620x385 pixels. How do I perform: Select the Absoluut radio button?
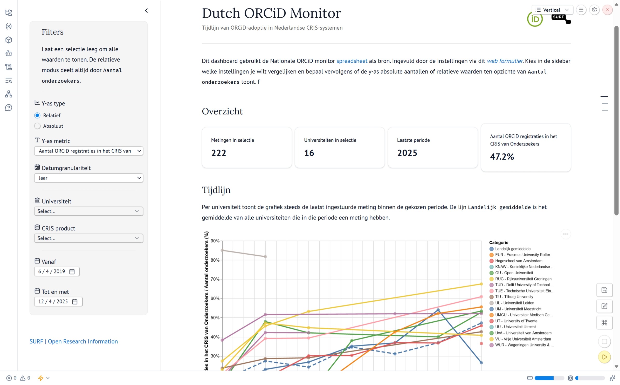[x=37, y=126]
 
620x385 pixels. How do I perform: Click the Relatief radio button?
[x=37, y=115]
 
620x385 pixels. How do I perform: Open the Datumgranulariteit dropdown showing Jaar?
[x=88, y=178]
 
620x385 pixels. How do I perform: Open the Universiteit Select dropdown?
[x=88, y=211]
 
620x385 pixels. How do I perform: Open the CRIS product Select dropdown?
[x=88, y=238]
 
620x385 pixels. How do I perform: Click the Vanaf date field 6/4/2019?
[x=52, y=271]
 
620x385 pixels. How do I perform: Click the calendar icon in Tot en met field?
[x=75, y=302]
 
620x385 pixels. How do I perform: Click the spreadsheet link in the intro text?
[x=352, y=61]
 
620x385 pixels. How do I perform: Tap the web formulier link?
[x=505, y=61]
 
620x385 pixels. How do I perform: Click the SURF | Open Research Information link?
[x=74, y=342]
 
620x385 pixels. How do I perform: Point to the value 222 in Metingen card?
[x=218, y=153]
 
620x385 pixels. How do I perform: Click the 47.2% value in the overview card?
[x=502, y=157]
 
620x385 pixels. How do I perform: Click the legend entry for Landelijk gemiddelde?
[x=512, y=249]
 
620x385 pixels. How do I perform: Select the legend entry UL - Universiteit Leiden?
[x=514, y=303]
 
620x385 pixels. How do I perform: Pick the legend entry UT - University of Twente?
[x=516, y=321]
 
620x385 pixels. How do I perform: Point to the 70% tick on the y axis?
[x=215, y=279]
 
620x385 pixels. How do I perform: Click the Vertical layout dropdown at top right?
[x=552, y=10]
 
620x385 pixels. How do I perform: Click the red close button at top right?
[x=607, y=10]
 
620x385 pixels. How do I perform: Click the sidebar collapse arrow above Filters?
[x=146, y=11]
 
